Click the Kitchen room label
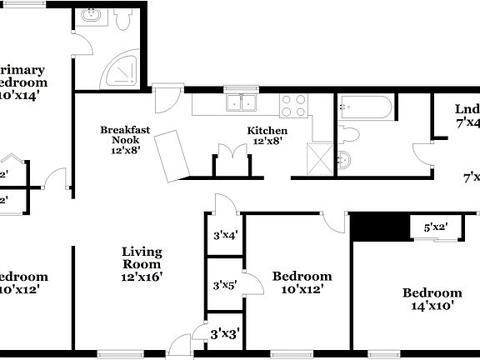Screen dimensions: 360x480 click(267, 131)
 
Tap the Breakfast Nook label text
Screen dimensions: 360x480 click(125, 135)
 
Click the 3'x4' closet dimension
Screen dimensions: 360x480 click(225, 235)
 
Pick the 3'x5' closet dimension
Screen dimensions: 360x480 click(225, 284)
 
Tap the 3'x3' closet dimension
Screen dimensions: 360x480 click(225, 334)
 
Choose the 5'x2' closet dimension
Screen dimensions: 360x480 click(437, 227)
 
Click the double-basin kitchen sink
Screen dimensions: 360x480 click(242, 103)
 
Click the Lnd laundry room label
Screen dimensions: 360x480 click(467, 110)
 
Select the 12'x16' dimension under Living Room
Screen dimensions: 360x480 click(142, 276)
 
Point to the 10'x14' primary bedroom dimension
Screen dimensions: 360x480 click(22, 96)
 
